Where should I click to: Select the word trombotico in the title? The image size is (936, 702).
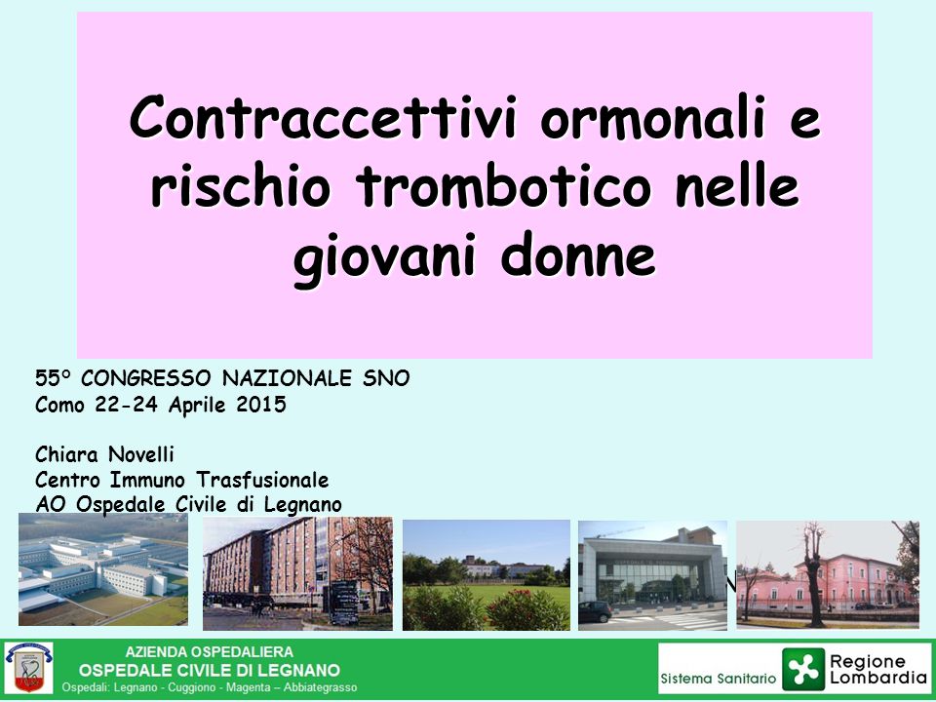(503, 186)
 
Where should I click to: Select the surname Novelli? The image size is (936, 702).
(140, 455)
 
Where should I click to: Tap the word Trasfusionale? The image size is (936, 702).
(262, 480)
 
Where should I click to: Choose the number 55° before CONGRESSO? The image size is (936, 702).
(53, 378)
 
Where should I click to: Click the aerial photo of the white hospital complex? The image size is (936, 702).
(103, 569)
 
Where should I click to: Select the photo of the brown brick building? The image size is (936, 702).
(298, 573)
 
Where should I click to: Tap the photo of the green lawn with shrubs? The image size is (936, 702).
(487, 575)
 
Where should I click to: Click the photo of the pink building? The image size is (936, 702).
(828, 575)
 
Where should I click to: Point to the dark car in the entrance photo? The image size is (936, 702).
(595, 611)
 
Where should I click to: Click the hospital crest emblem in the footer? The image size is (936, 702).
(28, 667)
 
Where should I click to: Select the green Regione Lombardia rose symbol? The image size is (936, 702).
(803, 669)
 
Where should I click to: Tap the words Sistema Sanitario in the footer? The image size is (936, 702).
(719, 679)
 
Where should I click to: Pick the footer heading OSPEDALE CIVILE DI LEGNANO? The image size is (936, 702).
(210, 670)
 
